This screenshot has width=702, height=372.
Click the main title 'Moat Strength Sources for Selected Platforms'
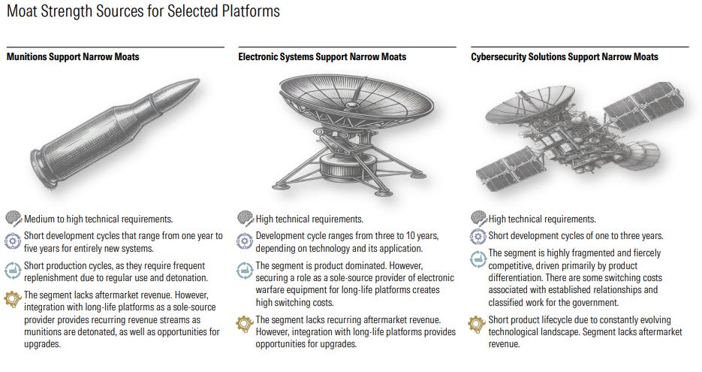[143, 11]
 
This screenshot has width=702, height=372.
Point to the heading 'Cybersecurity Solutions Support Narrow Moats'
[564, 56]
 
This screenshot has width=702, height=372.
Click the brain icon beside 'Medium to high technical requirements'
[14, 219]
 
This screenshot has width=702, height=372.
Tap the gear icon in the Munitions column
[14, 298]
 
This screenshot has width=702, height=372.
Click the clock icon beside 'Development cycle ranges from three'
[245, 240]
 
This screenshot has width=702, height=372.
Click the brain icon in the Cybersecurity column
[478, 219]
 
